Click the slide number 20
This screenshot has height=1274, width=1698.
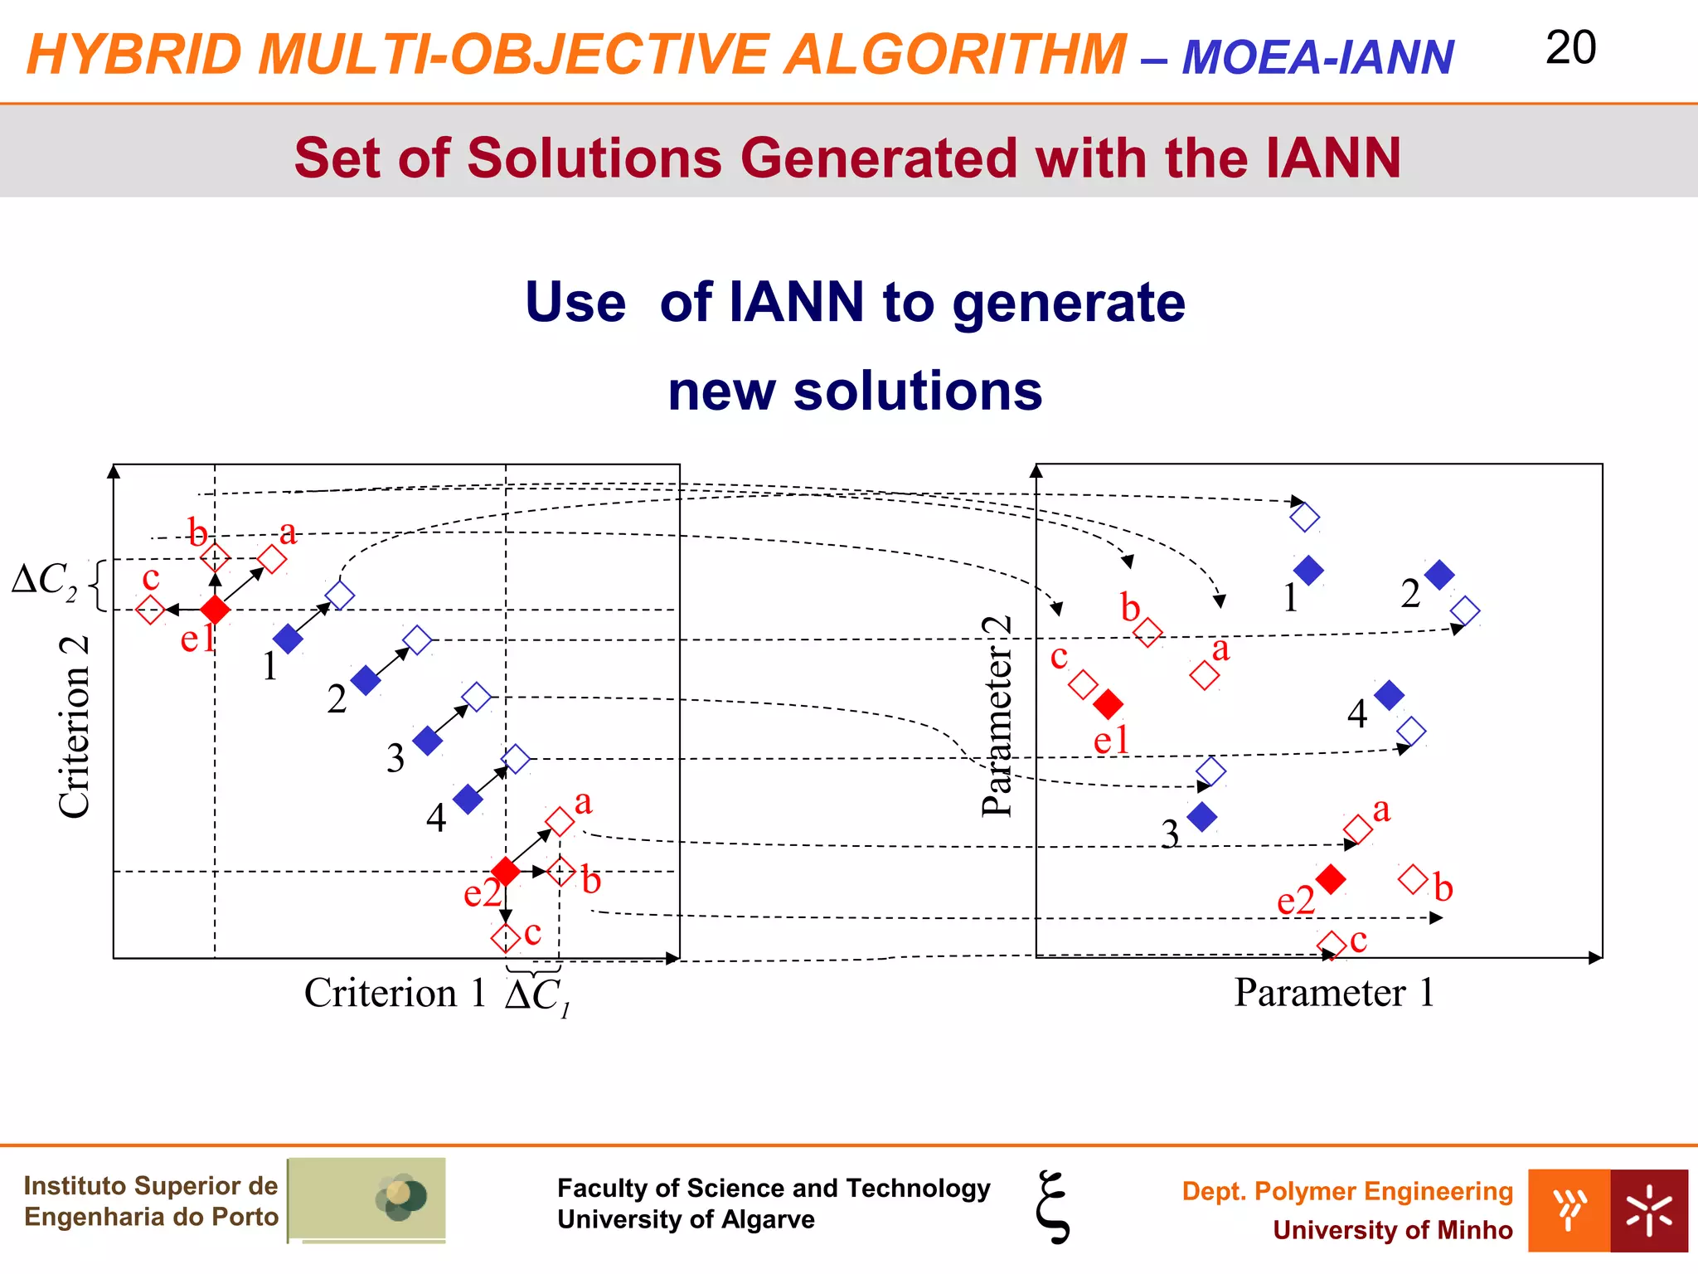pyautogui.click(x=1570, y=48)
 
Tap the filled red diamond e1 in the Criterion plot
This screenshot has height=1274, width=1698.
pyautogui.click(x=215, y=610)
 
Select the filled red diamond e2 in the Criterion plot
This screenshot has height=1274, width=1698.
pyautogui.click(x=505, y=872)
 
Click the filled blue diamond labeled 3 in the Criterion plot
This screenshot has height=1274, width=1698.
pyautogui.click(x=427, y=741)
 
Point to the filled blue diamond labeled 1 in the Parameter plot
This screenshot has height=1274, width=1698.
pyautogui.click(x=1308, y=571)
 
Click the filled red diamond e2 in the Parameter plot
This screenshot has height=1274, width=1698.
pyautogui.click(x=1331, y=879)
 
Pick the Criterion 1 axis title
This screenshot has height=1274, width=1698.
pyautogui.click(x=395, y=993)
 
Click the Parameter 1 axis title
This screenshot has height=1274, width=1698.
pyautogui.click(x=1333, y=993)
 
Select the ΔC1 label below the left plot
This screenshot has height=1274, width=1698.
pyautogui.click(x=537, y=996)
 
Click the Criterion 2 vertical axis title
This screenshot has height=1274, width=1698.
pyautogui.click(x=75, y=727)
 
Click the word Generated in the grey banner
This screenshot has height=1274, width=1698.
pyautogui.click(x=878, y=158)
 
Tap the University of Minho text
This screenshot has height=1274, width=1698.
pyautogui.click(x=1392, y=1230)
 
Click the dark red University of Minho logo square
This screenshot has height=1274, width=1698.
pyautogui.click(x=1648, y=1211)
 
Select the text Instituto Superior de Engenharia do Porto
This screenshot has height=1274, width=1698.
pyautogui.click(x=151, y=1201)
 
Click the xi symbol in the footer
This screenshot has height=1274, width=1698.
pyautogui.click(x=1053, y=1207)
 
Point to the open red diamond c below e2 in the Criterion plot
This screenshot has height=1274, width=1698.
pyautogui.click(x=505, y=938)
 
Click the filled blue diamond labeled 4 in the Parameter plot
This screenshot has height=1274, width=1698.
pyautogui.click(x=1389, y=695)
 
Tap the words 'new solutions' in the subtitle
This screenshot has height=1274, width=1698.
pyautogui.click(x=855, y=391)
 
